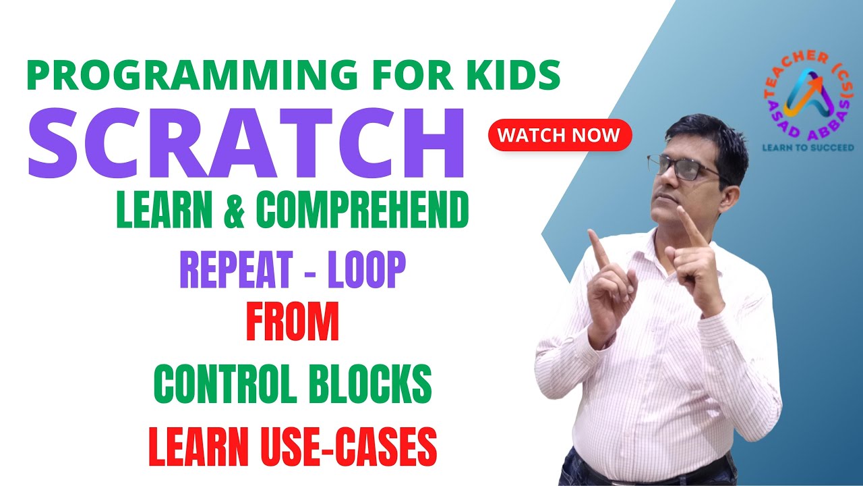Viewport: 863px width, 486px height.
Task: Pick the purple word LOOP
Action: (x=367, y=270)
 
